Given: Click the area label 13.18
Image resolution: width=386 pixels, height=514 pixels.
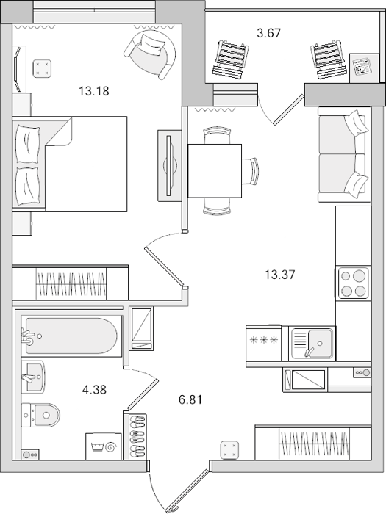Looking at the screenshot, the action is tap(94, 91).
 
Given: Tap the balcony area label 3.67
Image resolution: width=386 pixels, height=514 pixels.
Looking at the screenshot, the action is tap(269, 33).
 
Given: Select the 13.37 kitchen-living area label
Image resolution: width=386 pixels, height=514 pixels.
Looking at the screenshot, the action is tap(280, 275).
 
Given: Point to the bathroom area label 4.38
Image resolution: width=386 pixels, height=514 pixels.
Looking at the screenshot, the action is tap(94, 390).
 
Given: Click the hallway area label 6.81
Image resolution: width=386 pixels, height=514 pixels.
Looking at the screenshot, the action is tap(190, 400).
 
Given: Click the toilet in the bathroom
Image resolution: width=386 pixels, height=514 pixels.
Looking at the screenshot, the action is tap(41, 415).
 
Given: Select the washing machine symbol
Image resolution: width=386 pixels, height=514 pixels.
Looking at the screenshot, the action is tap(104, 446).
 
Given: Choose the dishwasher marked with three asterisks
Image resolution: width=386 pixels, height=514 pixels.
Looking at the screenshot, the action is tap(264, 343).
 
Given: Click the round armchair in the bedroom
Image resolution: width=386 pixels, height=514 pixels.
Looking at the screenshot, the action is tap(150, 54).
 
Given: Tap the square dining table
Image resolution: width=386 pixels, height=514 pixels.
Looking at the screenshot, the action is tap(215, 171).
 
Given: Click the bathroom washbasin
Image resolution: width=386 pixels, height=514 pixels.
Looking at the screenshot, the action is tap(33, 376).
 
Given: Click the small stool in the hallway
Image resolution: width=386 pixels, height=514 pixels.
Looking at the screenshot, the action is tap(229, 449).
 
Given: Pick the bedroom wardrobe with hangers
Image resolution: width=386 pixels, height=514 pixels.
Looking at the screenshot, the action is tap(70, 283).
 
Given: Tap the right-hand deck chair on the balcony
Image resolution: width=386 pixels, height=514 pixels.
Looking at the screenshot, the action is tap(329, 59).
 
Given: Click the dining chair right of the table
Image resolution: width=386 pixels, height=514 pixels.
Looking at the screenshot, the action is tap(251, 171).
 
